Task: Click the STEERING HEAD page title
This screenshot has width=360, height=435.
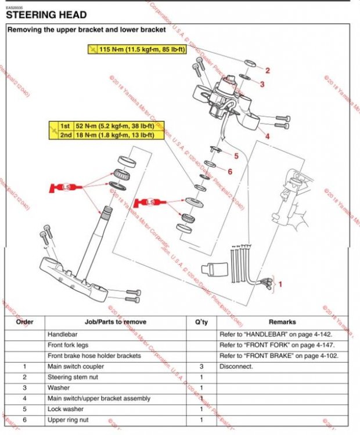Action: pos(46,14)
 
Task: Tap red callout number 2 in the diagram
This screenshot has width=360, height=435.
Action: pos(268,71)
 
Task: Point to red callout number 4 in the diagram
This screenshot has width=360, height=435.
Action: pos(268,137)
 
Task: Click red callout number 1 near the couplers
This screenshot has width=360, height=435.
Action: pos(280,285)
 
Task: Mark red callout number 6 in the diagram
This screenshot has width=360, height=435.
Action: pos(230,172)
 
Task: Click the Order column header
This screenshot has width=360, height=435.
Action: pos(25,322)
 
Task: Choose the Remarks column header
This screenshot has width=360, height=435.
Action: pos(282,322)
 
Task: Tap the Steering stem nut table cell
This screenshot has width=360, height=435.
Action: pos(71,377)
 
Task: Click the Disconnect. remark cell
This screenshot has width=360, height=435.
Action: pos(236,367)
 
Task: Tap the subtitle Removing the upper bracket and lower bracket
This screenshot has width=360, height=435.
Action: pos(86,29)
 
